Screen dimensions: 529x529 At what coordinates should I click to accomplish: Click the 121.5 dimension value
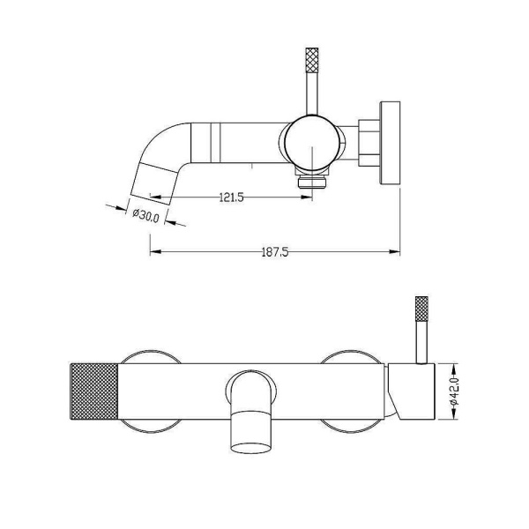click(231, 197)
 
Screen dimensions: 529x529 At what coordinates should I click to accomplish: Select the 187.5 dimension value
click(275, 252)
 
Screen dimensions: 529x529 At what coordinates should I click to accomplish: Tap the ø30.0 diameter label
click(145, 215)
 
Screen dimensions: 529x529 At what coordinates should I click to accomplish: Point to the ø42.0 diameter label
click(454, 391)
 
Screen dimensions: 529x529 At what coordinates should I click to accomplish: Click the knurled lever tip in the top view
click(312, 60)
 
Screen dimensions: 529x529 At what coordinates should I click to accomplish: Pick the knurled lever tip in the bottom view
click(421, 309)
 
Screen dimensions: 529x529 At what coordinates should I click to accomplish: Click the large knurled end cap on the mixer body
click(94, 391)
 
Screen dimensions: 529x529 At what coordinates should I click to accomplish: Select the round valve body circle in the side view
click(312, 143)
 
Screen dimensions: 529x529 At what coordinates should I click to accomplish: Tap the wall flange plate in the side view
click(390, 143)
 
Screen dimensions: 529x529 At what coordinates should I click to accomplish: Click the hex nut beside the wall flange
click(369, 143)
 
